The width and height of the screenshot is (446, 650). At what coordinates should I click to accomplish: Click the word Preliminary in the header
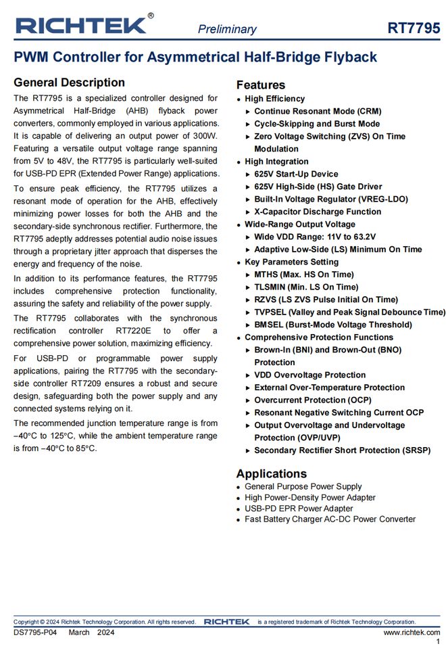tap(227, 29)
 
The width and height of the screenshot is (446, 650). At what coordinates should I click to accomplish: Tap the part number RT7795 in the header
tap(414, 28)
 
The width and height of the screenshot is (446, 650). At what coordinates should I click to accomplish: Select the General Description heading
tap(69, 83)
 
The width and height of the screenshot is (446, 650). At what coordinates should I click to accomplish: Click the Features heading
tap(261, 85)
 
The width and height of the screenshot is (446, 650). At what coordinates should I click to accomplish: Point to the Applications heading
tap(271, 473)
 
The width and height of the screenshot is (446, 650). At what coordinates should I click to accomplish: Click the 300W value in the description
tap(204, 136)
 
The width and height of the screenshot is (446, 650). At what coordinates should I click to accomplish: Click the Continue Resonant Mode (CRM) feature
tap(318, 111)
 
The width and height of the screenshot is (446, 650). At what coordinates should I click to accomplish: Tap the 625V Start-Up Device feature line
tap(296, 174)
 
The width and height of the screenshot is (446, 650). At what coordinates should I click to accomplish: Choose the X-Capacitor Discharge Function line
tap(318, 212)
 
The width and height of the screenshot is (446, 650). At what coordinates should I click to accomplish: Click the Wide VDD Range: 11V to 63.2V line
tap(315, 237)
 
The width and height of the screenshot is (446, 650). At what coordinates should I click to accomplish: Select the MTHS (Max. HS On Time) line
tap(304, 275)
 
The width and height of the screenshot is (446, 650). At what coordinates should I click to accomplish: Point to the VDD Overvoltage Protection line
tap(309, 375)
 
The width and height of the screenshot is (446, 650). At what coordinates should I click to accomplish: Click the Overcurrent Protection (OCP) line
tap(312, 400)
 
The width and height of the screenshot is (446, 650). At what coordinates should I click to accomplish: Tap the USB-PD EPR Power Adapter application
tap(299, 508)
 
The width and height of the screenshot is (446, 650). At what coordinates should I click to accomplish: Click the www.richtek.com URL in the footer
tap(412, 632)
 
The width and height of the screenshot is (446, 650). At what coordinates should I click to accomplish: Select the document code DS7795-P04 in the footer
tap(35, 632)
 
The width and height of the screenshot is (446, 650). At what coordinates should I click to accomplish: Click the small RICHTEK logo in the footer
tap(226, 622)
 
